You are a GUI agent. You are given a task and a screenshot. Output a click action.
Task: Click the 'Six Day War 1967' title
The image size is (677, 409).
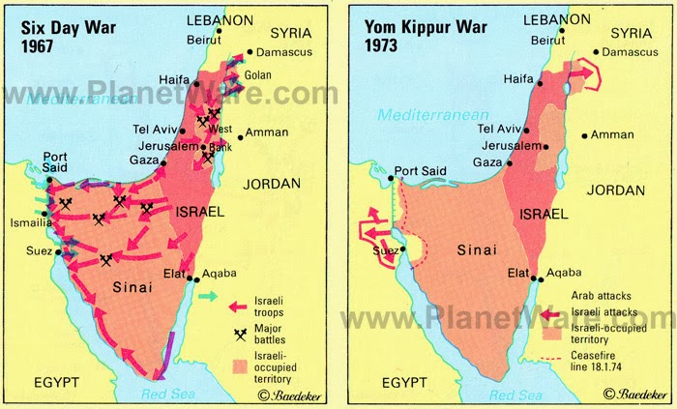click(61, 35)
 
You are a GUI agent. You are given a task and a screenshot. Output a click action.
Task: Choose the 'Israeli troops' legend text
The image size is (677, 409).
click(274, 307)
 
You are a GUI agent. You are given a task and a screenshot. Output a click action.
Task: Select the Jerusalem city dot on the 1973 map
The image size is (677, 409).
click(546, 146)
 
